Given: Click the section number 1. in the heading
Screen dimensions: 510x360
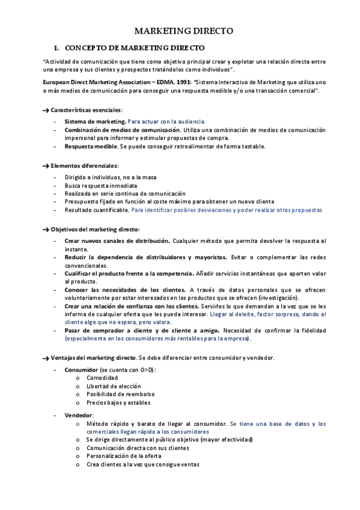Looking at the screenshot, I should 56,46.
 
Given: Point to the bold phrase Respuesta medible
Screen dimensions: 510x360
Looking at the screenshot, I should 91,146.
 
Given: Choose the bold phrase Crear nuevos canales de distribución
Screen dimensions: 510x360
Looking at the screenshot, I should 117,241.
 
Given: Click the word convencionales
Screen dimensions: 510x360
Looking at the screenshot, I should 86,265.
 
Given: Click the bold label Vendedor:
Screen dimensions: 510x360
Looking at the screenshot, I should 79,415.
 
